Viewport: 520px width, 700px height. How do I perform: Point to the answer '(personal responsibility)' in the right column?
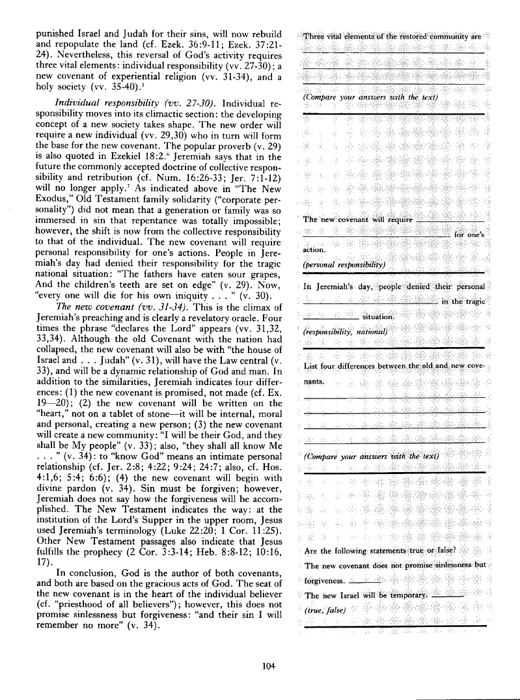pos(345,264)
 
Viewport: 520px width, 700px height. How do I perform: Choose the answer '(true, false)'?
pos(327,594)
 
